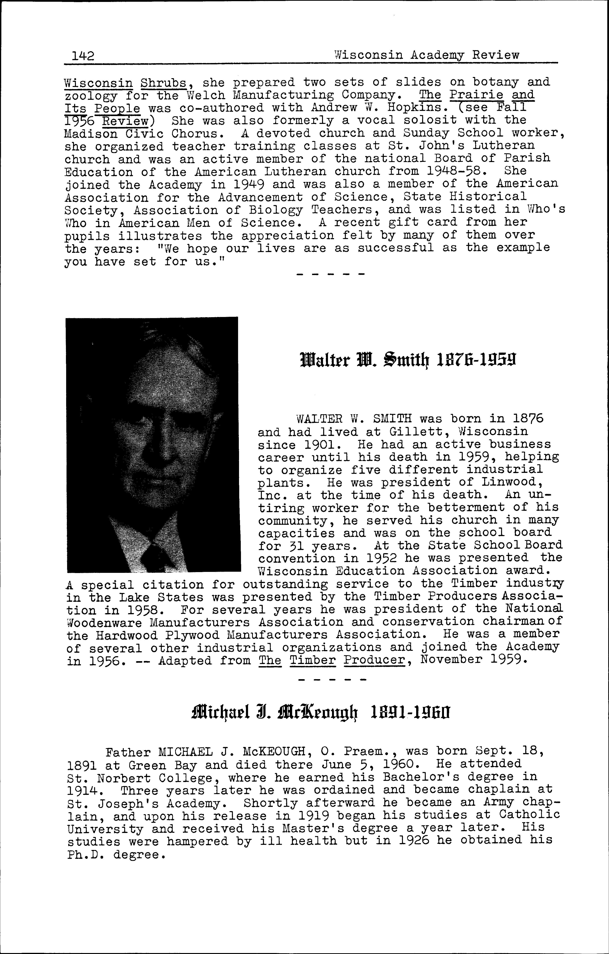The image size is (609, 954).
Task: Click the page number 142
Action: pos(83,56)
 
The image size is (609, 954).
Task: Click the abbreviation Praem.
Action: pos(367,752)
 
